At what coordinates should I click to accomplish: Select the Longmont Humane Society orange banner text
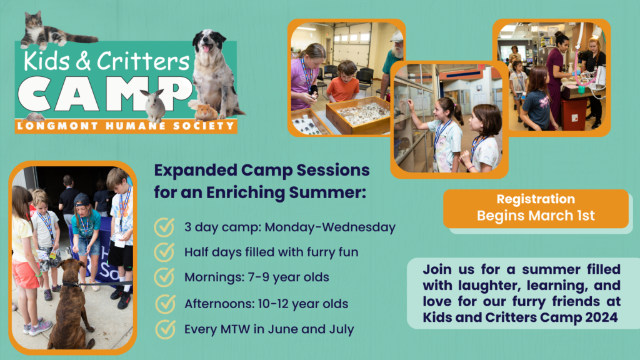click(126, 126)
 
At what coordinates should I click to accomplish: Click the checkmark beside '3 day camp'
click(164, 227)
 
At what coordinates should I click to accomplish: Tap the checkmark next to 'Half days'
click(164, 252)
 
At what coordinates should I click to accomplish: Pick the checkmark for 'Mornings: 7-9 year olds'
click(164, 277)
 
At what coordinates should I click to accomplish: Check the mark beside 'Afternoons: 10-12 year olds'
click(165, 304)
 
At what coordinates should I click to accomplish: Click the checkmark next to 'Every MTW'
click(165, 329)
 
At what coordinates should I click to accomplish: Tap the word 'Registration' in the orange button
click(536, 199)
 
